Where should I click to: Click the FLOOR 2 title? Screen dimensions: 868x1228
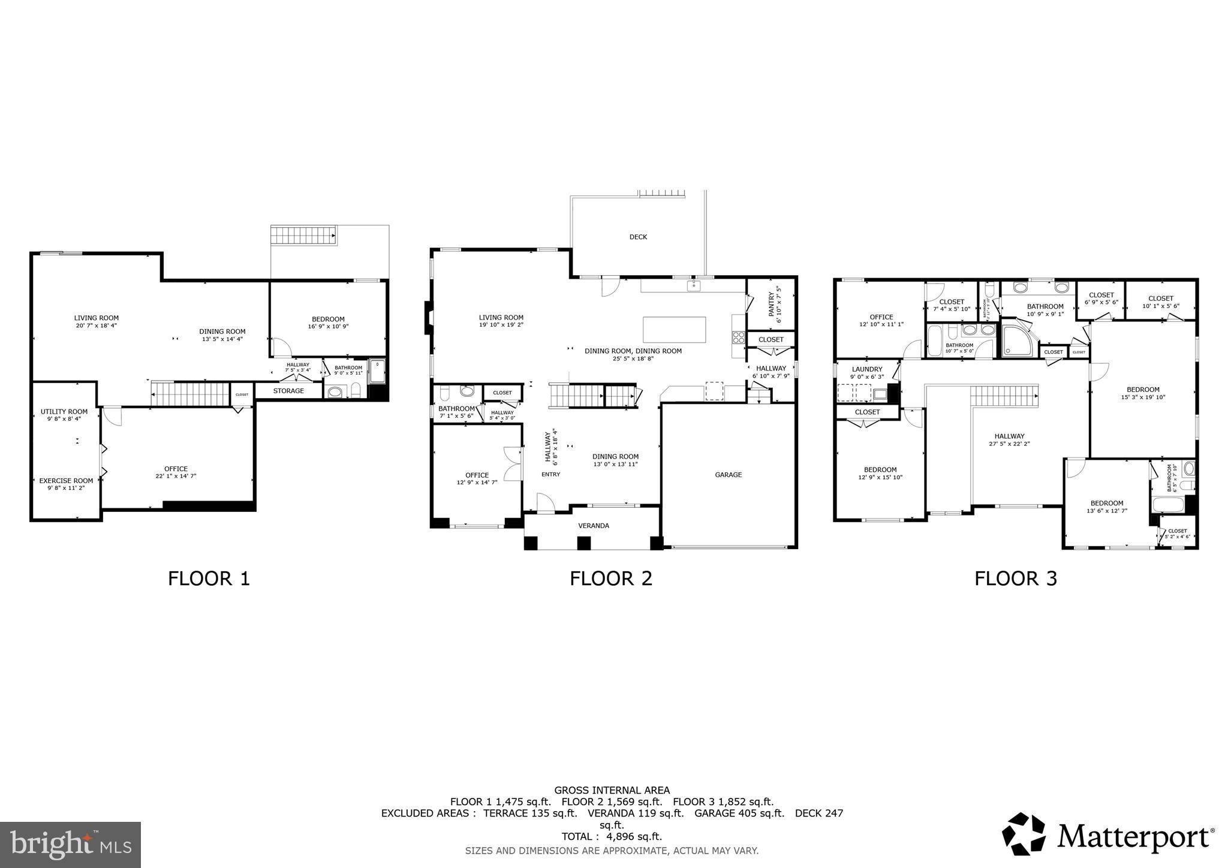point(610,578)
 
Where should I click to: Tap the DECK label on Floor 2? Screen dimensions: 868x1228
point(638,237)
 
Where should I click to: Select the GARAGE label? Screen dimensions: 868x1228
point(728,475)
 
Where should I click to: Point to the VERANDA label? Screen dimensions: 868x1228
point(593,526)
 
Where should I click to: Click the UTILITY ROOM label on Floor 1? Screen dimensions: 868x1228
point(64,412)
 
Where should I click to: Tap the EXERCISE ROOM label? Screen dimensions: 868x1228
point(66,481)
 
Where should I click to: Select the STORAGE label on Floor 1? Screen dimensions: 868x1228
point(288,391)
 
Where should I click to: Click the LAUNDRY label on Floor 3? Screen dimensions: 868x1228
point(866,369)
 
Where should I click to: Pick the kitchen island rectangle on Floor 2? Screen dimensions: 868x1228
point(674,330)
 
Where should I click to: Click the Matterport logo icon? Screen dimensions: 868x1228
point(1024,834)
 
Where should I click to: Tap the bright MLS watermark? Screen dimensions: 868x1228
point(70,845)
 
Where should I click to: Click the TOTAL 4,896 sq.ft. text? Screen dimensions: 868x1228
point(611,836)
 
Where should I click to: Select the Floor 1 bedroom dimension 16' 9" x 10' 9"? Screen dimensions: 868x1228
point(327,327)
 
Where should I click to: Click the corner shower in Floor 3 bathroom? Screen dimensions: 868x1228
point(1019,340)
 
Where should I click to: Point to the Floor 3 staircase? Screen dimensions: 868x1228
point(1004,396)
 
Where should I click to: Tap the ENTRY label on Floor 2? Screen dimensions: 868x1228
point(550,475)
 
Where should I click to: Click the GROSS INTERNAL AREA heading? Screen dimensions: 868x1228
point(612,790)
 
